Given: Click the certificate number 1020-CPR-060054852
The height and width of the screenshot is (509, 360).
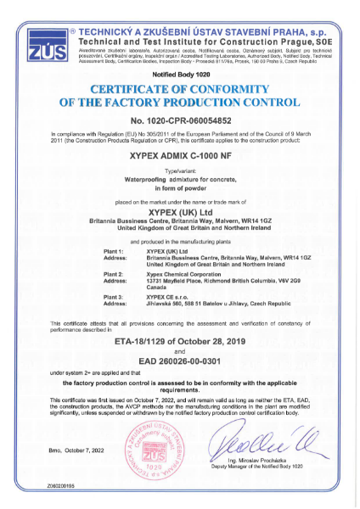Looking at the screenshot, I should point(180,121).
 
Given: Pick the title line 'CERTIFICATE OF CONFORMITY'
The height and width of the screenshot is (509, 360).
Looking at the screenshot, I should point(180,90).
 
